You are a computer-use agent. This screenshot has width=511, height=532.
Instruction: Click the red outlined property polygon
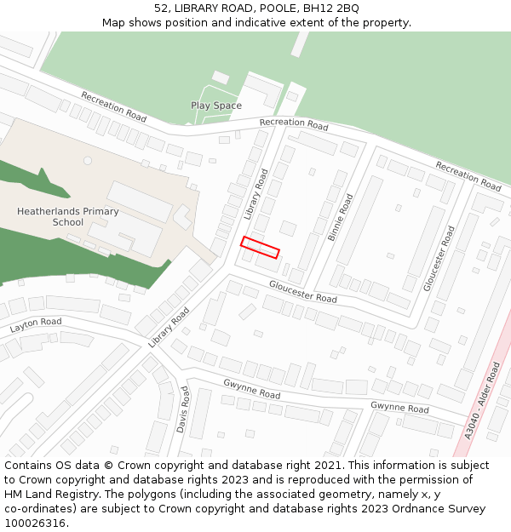260,247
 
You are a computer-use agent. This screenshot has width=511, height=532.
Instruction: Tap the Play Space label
215,106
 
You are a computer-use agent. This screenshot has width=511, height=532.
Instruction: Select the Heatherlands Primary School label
68,217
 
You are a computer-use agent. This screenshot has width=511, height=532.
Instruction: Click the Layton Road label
36,324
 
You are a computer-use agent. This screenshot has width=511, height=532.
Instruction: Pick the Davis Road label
183,409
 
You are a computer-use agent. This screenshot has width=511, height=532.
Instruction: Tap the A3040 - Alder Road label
483,400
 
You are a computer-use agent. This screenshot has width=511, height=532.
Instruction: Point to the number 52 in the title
162,9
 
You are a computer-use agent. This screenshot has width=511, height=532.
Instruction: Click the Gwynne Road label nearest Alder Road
399,408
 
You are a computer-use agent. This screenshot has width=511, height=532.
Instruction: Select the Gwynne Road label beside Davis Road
251,390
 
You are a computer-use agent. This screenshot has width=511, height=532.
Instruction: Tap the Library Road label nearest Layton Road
168,327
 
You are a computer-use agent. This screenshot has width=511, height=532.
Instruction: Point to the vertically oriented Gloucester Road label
439,259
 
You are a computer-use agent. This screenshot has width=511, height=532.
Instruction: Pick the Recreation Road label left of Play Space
113,106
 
